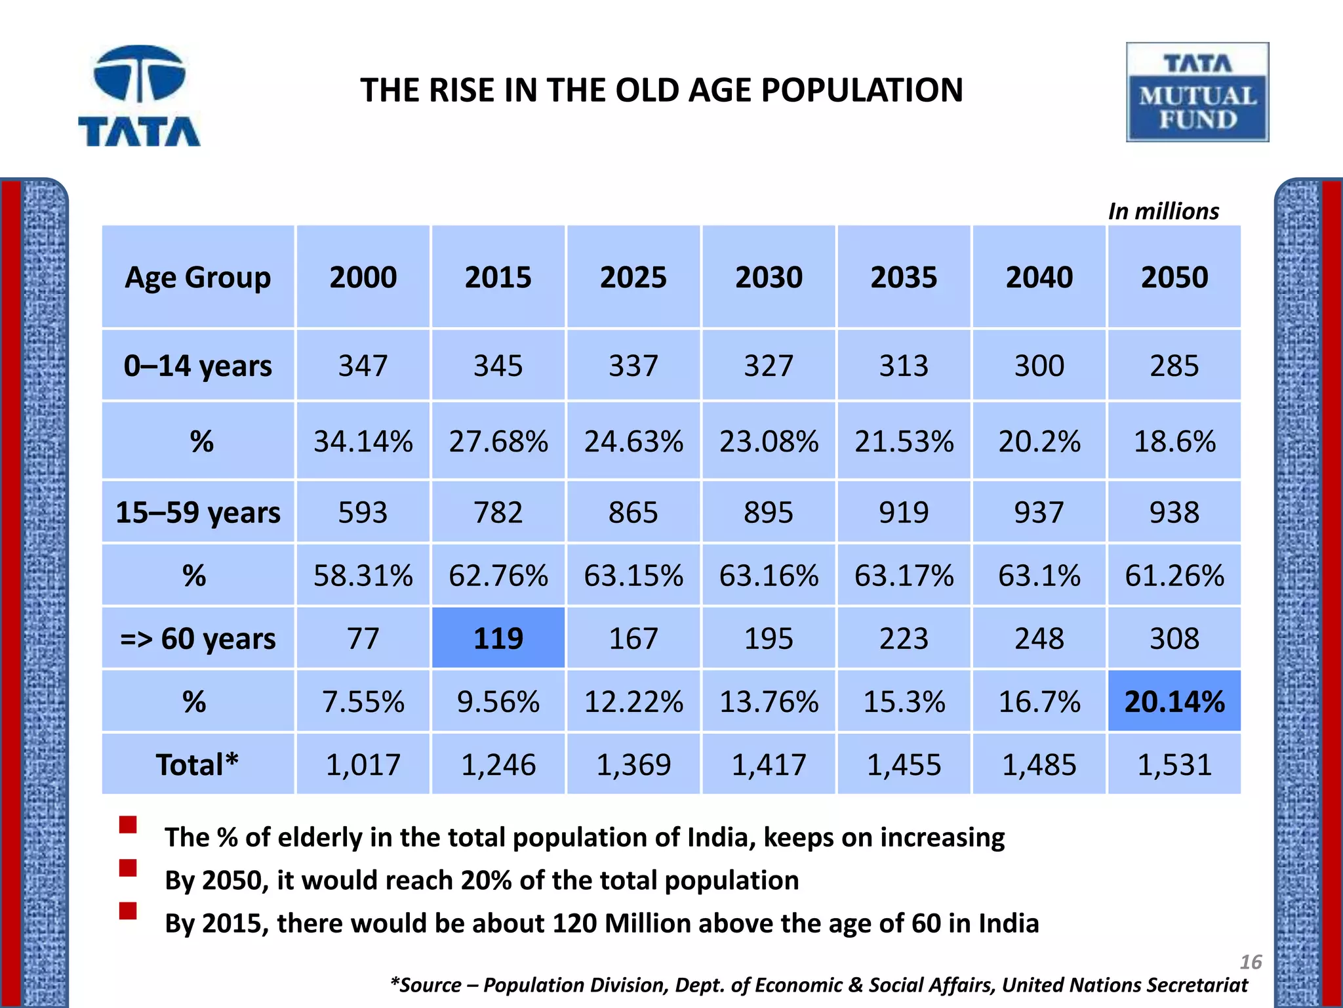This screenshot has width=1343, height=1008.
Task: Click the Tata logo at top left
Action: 139,95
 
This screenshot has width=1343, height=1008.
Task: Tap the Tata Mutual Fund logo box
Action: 1197,93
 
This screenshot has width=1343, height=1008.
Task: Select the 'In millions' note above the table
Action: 1163,211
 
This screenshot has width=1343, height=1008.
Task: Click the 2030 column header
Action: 769,277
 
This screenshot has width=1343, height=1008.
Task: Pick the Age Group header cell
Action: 197,277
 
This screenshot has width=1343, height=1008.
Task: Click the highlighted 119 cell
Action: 498,638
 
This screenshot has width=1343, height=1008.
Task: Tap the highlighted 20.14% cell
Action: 1174,702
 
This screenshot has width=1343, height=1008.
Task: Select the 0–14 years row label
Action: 197,366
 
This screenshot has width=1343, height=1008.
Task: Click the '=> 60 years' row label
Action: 197,639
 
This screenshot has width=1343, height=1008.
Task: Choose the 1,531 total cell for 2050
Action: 1174,765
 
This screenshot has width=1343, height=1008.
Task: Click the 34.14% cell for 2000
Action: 363,441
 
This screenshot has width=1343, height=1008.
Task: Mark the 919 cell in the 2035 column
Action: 904,512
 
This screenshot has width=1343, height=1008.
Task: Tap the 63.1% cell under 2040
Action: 1039,576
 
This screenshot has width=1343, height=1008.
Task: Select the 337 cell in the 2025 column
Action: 633,366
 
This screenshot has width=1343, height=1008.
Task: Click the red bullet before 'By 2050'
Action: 128,868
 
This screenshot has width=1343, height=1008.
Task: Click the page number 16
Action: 1251,962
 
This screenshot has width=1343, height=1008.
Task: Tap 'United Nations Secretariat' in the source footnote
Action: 1125,985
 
